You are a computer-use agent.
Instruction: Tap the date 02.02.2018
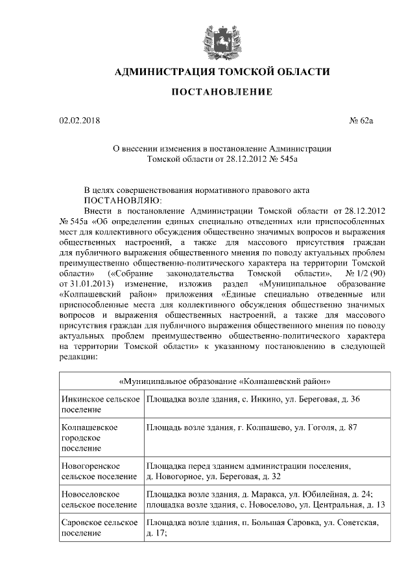coord(77,120)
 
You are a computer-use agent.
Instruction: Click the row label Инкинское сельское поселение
coord(100,404)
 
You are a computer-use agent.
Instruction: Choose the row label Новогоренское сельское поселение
coord(98,471)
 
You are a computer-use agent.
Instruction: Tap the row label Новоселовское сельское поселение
coord(98,499)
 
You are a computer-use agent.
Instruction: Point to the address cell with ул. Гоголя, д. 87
coord(249,428)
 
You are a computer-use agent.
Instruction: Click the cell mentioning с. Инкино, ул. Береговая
coord(253,399)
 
